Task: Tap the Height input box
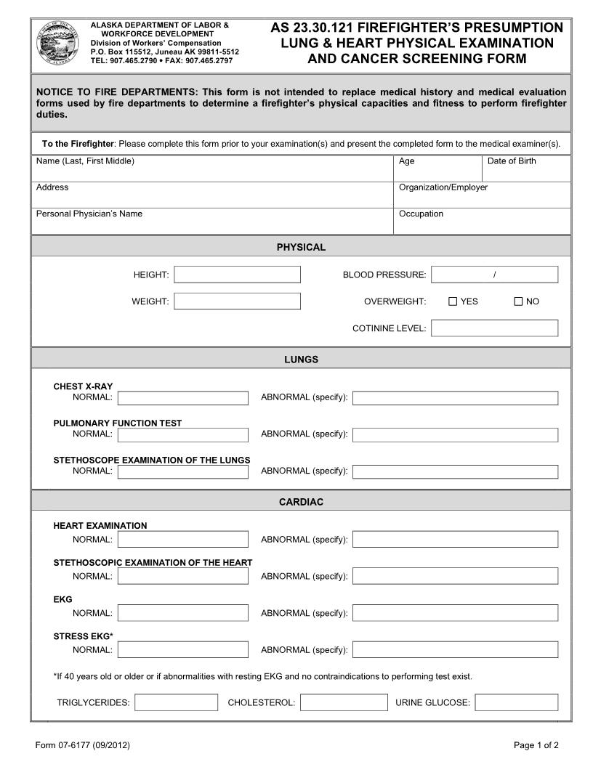coord(237,275)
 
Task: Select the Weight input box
coord(237,301)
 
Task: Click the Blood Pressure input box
coord(494,275)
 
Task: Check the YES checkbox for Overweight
coord(453,301)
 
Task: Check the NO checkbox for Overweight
coord(518,301)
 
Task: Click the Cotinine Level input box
coord(494,328)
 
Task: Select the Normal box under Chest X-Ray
coord(182,398)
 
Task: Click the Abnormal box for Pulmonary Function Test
coord(455,434)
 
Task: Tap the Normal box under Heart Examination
coord(182,539)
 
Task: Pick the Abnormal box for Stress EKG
coord(455,649)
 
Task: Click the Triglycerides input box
coord(176,702)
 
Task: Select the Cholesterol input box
coord(344,702)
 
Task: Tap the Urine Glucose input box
coord(516,702)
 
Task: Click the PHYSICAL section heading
coord(301,247)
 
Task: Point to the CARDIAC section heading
coord(301,502)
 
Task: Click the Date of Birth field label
coord(512,161)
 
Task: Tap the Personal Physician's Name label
coord(89,214)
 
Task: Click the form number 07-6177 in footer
coord(82,745)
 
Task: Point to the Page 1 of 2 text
coord(536,745)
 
